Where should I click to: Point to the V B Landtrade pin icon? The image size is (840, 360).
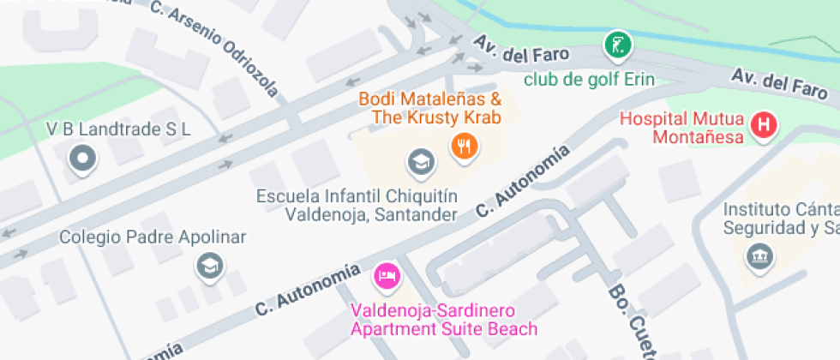click(82, 159)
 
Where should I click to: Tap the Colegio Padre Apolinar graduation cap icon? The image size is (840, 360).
click(207, 266)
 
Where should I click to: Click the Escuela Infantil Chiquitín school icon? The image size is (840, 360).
click(419, 159)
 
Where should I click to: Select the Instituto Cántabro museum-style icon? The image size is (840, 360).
click(759, 255)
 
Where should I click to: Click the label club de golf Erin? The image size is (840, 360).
click(589, 80)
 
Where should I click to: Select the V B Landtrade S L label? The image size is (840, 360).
click(118, 129)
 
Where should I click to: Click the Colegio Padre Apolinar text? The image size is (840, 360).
click(153, 237)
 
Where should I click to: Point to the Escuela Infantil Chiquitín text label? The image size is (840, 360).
click(357, 205)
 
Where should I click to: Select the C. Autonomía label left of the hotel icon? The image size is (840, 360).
click(305, 289)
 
